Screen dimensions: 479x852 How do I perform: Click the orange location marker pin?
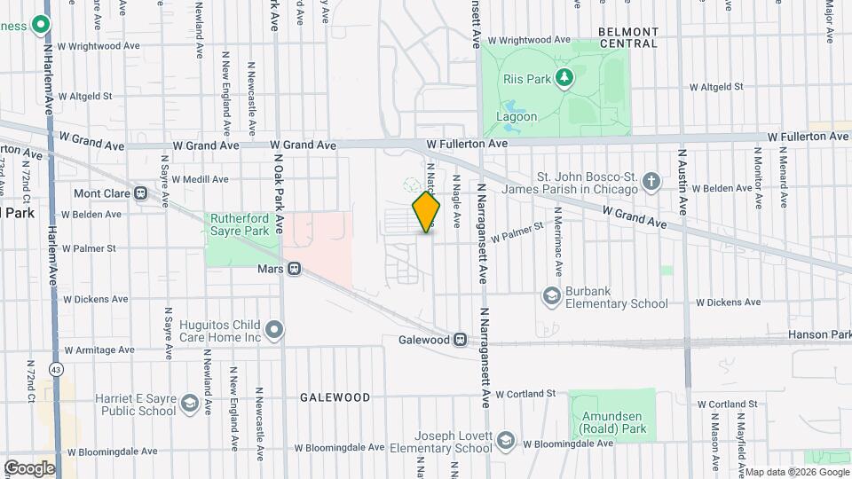point(427,212)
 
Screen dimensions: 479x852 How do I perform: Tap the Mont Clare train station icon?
point(140,193)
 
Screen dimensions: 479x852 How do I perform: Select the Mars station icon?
point(295,268)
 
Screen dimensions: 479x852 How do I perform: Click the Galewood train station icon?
point(460,339)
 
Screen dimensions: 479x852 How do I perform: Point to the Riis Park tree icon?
point(564,79)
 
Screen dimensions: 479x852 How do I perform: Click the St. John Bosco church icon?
point(651,183)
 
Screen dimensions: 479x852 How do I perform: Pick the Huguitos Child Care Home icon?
point(275,331)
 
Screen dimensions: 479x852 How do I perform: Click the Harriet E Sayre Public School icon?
point(188,404)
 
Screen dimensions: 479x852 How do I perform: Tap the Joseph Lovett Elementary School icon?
point(505,441)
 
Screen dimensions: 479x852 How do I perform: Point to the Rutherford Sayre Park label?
point(240,224)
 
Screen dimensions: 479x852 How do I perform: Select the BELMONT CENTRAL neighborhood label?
point(627,37)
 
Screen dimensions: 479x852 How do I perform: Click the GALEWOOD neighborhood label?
point(335,397)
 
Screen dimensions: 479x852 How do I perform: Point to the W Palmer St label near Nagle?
point(516,232)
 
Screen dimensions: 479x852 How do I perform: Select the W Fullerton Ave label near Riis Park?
point(466,143)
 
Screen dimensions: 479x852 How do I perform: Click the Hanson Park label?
point(818,336)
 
